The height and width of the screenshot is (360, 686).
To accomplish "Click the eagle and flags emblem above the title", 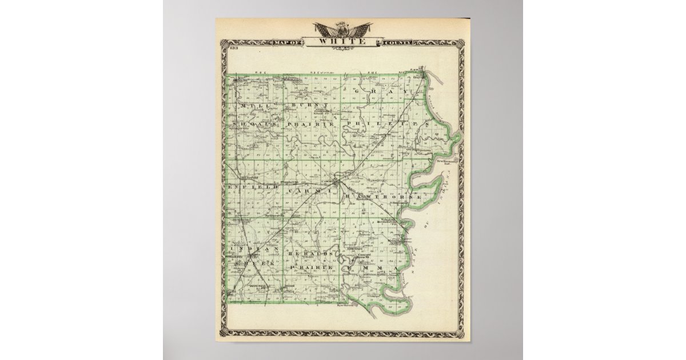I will pos(342,29).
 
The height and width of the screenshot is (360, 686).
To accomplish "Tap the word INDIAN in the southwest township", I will pos(252,250).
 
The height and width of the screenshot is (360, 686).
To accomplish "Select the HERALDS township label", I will pos(312,252).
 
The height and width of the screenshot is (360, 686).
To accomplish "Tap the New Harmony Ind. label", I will pos(448,162).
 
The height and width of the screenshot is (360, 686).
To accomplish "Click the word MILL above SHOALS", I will pos(251,106).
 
